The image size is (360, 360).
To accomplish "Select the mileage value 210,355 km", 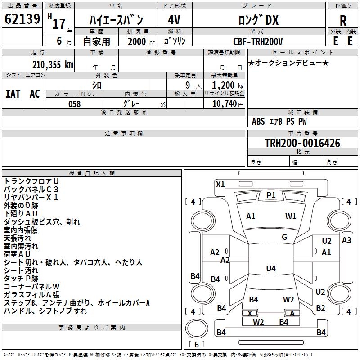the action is [53, 65].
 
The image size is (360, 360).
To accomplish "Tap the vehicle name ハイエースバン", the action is [116, 20].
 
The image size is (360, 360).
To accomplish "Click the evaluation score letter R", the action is [343, 21].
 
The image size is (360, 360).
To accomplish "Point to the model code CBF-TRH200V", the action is [258, 41].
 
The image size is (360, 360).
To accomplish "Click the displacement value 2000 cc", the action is [138, 42].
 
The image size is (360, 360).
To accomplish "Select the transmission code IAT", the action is [13, 94].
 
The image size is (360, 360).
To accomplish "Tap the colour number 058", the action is [74, 104].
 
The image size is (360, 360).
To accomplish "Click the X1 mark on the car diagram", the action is [220, 184].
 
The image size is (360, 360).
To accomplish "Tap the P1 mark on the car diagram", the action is [271, 195].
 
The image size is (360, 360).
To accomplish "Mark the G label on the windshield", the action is [284, 237].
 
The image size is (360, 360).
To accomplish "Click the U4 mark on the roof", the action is [271, 269].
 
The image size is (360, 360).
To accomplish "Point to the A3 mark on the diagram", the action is [346, 240].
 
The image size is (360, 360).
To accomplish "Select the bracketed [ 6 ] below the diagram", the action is [196, 344].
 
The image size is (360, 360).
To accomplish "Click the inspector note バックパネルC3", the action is [31, 189].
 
